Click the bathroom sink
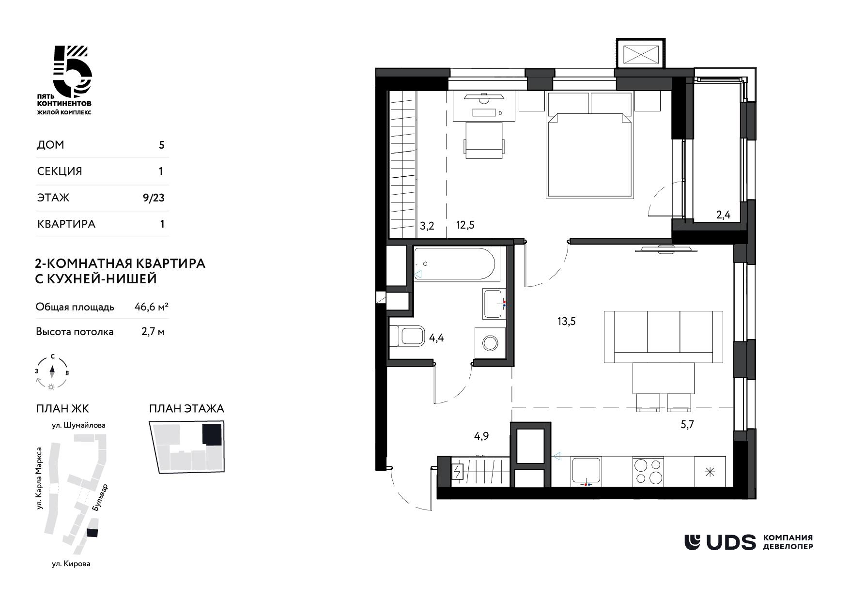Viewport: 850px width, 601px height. (495, 304)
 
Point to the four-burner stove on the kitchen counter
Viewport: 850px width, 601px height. (649, 470)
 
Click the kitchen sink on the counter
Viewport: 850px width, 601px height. (586, 470)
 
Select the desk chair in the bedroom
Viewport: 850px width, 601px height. (484, 140)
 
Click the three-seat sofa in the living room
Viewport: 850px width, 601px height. (664, 337)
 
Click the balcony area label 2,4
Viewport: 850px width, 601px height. (723, 215)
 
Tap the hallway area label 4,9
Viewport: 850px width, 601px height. (481, 436)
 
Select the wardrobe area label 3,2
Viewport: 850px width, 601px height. (427, 226)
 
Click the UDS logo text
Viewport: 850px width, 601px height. (731, 542)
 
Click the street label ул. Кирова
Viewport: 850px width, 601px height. (71, 564)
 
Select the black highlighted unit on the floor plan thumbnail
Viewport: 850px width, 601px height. (213, 434)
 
